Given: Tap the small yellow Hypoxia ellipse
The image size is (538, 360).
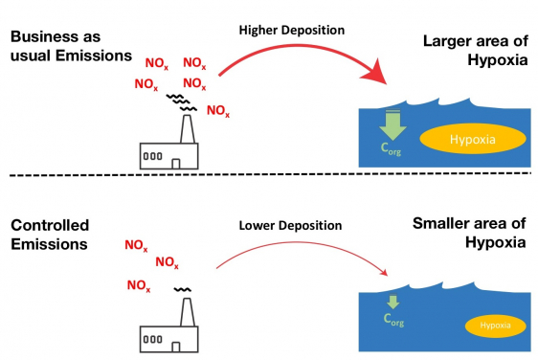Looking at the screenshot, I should (x=495, y=326).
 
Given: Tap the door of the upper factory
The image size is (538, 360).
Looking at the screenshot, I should (x=175, y=164).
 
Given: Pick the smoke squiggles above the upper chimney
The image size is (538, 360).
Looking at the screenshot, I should (x=179, y=101).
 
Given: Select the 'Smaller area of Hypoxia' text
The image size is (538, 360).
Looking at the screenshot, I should (x=469, y=234).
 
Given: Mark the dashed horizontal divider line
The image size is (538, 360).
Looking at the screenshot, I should (x=268, y=177).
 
